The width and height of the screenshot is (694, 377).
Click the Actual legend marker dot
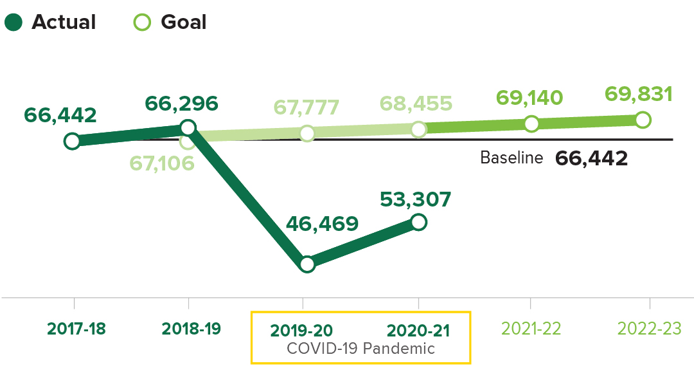(13, 23)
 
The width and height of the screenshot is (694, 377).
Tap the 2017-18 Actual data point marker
(72, 141)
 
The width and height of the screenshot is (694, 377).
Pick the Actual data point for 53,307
(418, 222)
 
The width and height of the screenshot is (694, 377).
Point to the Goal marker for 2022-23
(642, 119)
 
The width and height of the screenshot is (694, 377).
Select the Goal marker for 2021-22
(531, 124)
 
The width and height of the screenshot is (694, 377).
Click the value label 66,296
(181, 103)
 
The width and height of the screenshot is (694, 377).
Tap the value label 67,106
(162, 163)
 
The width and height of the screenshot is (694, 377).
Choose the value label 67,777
(307, 107)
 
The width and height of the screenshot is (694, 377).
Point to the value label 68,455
(416, 104)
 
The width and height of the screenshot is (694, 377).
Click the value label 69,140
(529, 98)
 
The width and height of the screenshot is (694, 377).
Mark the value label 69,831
(639, 94)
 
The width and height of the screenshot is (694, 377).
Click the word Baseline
(512, 158)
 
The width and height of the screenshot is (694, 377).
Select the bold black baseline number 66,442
(591, 158)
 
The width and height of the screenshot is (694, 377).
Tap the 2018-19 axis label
(191, 329)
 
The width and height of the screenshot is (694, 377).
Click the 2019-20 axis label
(301, 331)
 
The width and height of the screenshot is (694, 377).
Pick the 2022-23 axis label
(649, 329)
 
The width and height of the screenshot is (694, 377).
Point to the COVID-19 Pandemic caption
(360, 349)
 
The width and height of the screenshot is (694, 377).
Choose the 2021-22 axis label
(531, 329)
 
